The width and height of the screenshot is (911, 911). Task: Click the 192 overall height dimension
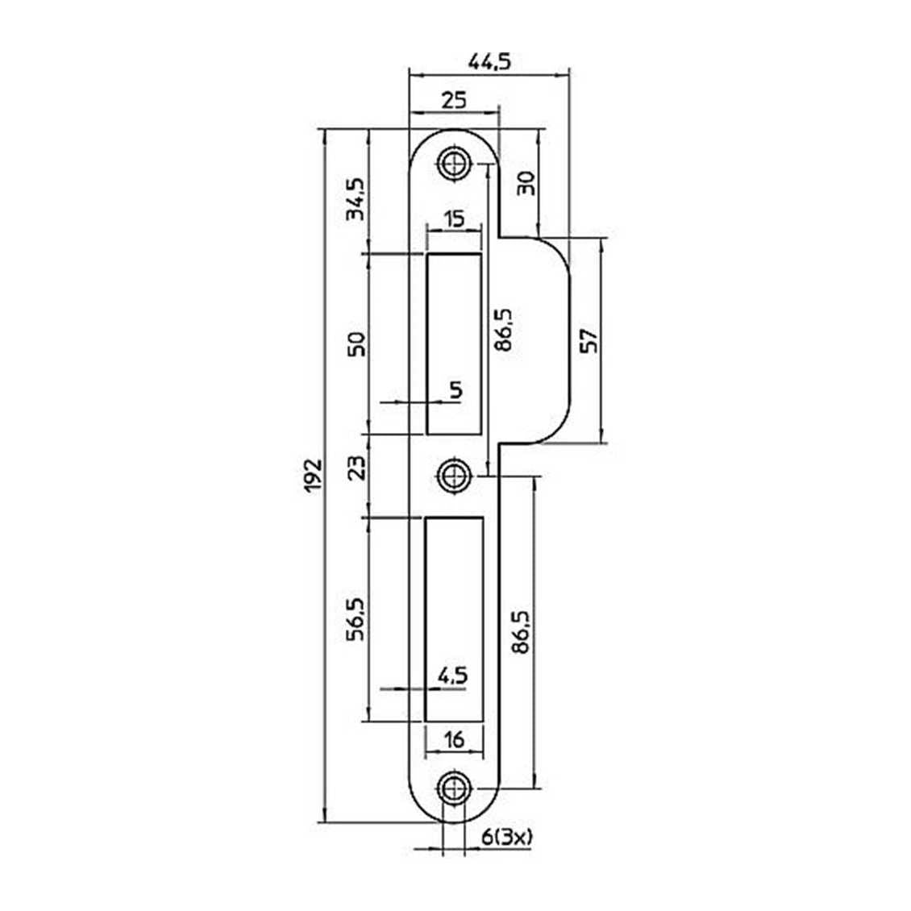click(314, 476)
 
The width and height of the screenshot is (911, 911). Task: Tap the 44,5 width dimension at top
click(490, 61)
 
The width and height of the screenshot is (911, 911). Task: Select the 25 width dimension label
click(454, 101)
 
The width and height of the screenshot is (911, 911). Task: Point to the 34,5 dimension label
click(356, 198)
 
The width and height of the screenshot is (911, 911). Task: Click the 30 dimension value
click(525, 184)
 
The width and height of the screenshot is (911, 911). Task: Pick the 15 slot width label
click(455, 219)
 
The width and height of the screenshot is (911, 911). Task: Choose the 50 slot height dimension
click(356, 344)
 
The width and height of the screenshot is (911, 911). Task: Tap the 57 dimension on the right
click(588, 341)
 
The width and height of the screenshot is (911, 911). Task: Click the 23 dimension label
click(356, 467)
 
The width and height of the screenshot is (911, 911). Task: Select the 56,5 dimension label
click(356, 619)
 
